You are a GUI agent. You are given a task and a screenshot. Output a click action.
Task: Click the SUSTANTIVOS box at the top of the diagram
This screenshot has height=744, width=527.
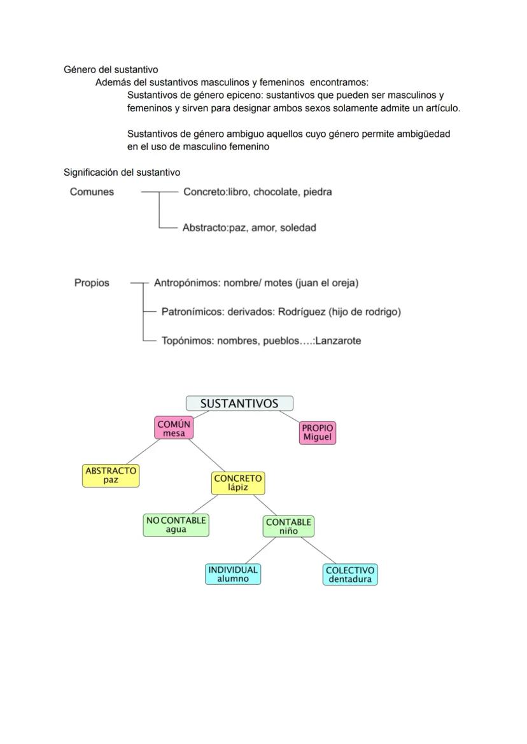(239, 404)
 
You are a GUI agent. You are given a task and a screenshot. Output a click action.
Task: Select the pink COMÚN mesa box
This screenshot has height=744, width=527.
(174, 428)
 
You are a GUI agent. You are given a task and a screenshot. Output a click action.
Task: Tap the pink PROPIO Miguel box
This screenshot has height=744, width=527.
(317, 432)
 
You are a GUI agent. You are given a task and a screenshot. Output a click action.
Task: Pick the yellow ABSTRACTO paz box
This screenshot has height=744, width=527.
(111, 475)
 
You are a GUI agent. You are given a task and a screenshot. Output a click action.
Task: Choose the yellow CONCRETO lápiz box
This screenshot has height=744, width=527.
(237, 483)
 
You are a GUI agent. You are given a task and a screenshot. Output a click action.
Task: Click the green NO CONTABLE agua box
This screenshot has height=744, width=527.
(176, 525)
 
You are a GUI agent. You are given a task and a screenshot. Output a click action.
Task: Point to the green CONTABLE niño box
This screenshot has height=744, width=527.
(288, 526)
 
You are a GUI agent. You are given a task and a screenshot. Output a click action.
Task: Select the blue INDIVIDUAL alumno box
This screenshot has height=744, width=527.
(233, 574)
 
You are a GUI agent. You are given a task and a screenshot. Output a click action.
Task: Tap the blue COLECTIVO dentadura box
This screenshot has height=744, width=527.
(349, 575)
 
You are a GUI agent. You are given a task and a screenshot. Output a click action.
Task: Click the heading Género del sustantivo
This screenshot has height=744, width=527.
(111, 69)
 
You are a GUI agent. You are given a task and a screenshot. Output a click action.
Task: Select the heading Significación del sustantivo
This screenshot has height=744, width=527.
(122, 172)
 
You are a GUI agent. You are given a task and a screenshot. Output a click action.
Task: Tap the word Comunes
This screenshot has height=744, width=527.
(92, 192)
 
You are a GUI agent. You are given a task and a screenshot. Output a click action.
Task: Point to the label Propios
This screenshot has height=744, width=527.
(92, 283)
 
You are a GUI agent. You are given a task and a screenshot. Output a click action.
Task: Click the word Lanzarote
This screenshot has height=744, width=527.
(338, 340)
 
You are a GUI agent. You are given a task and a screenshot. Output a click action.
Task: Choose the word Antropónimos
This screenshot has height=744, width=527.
(186, 283)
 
